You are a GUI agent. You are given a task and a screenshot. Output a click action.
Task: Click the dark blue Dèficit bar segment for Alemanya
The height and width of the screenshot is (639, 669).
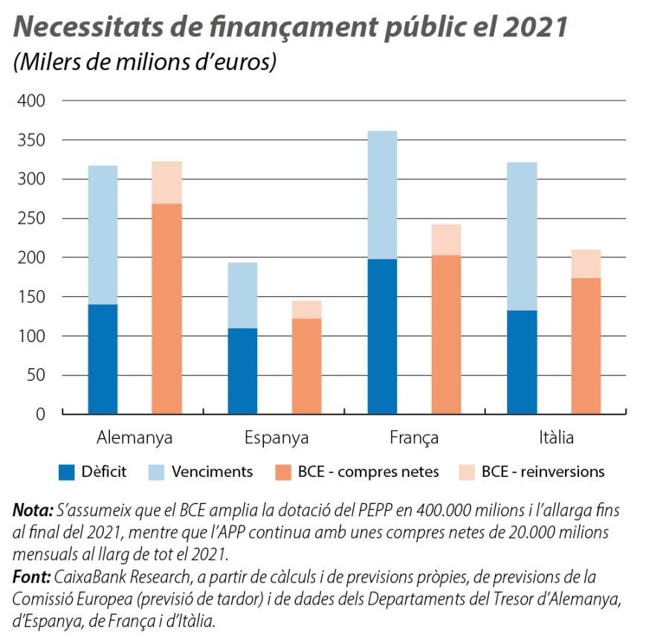103,359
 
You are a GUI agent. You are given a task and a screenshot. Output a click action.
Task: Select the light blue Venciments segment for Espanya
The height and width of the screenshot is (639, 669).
242,295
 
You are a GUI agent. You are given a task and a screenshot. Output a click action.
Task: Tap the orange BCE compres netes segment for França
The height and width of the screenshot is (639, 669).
446,334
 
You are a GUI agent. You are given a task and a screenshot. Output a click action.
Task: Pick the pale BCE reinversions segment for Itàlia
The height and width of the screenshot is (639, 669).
586,264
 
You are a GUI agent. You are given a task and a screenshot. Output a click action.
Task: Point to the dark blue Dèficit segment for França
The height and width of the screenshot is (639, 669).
382,336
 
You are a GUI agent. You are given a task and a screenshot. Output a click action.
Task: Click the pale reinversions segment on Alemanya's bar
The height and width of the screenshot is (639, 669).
167,182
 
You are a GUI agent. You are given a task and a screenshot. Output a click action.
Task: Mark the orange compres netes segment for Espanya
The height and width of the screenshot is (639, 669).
306,365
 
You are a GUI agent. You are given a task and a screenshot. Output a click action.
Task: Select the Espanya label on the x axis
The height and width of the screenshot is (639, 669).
276,437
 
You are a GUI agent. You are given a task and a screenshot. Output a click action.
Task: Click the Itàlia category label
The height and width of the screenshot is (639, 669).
556,437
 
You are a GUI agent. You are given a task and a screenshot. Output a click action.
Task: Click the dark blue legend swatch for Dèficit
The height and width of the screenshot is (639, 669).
68,472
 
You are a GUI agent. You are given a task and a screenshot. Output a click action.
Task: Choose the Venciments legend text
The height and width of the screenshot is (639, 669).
212,472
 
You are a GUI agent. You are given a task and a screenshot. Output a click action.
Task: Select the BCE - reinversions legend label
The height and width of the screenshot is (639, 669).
543,472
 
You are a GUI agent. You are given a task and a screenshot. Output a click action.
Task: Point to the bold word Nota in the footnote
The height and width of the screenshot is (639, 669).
32,511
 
